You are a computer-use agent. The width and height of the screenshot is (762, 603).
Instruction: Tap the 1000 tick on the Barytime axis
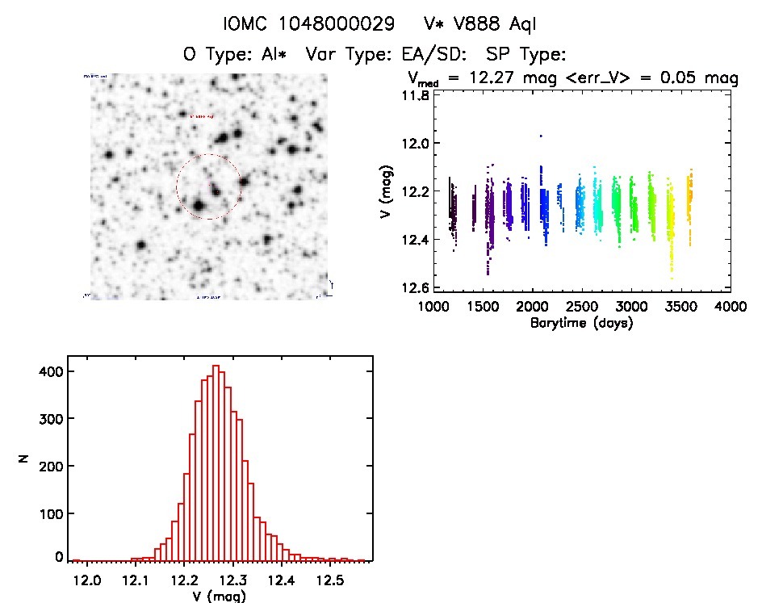pos(436,308)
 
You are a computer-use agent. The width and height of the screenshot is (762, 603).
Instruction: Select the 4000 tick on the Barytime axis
pos(731,308)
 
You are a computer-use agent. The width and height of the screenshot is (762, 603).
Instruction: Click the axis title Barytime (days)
pos(581,324)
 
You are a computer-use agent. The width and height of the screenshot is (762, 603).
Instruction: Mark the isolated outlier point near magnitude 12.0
pos(541,136)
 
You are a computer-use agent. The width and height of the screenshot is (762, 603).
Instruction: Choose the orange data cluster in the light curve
pos(689,198)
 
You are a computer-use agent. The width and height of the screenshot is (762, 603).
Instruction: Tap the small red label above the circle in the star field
pos(202,116)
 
